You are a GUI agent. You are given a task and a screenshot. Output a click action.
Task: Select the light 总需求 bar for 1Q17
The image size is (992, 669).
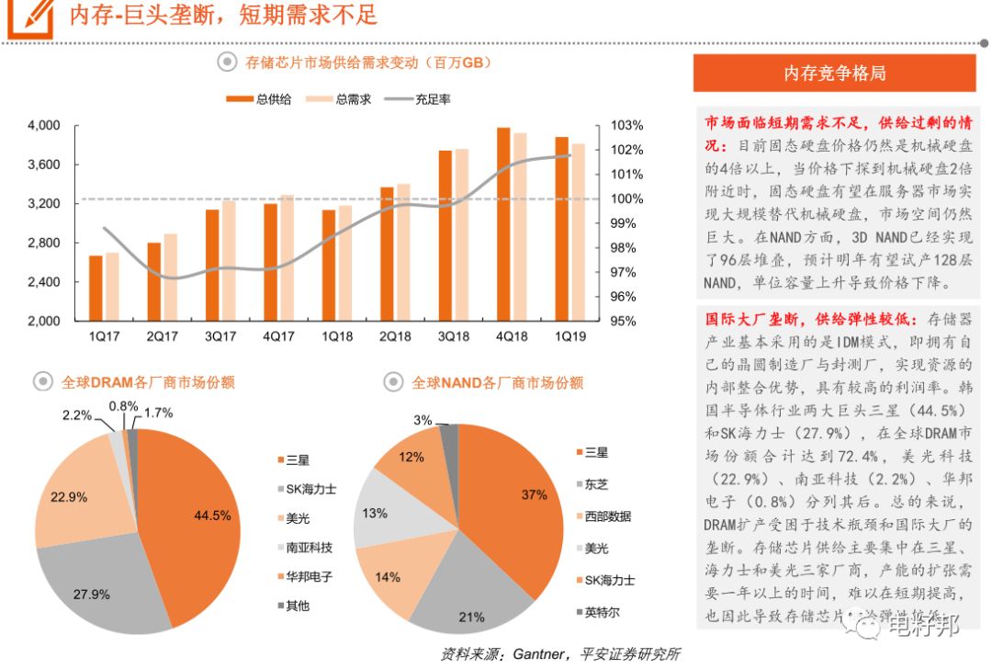click(x=112, y=287)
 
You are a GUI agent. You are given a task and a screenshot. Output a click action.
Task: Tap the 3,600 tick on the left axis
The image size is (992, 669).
click(x=44, y=164)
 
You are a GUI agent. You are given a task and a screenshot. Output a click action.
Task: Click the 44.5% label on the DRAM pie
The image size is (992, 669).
click(x=211, y=516)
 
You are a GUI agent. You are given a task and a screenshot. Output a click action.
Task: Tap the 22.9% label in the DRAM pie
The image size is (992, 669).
click(x=68, y=497)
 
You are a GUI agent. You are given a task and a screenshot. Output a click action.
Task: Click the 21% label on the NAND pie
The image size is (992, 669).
click(x=472, y=618)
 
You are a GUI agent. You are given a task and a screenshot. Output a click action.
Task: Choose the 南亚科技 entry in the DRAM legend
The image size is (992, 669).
click(x=309, y=547)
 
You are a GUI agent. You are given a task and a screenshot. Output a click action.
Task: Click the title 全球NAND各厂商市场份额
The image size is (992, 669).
click(x=496, y=382)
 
